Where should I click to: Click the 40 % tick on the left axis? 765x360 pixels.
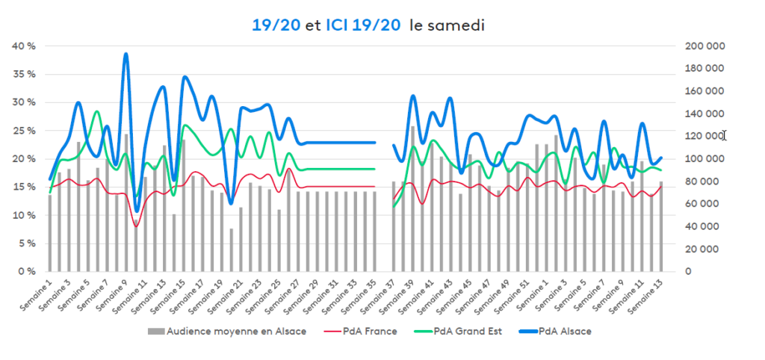click(x=25, y=46)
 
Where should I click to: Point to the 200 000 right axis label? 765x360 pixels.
click(x=704, y=46)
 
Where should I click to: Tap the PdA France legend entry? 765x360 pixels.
click(x=371, y=332)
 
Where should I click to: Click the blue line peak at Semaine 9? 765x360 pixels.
click(x=126, y=55)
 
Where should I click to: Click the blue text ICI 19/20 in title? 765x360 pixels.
click(x=359, y=25)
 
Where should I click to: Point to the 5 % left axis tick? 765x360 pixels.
click(x=26, y=243)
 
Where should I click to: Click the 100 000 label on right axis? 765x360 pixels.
click(x=704, y=159)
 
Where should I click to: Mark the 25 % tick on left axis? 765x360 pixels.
click(x=25, y=131)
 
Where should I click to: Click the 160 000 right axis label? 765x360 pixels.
click(x=704, y=91)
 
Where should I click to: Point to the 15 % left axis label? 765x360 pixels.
click(x=25, y=187)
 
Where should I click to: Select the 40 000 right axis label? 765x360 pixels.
click(x=702, y=227)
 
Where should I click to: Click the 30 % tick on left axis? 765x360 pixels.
click(x=25, y=102)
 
